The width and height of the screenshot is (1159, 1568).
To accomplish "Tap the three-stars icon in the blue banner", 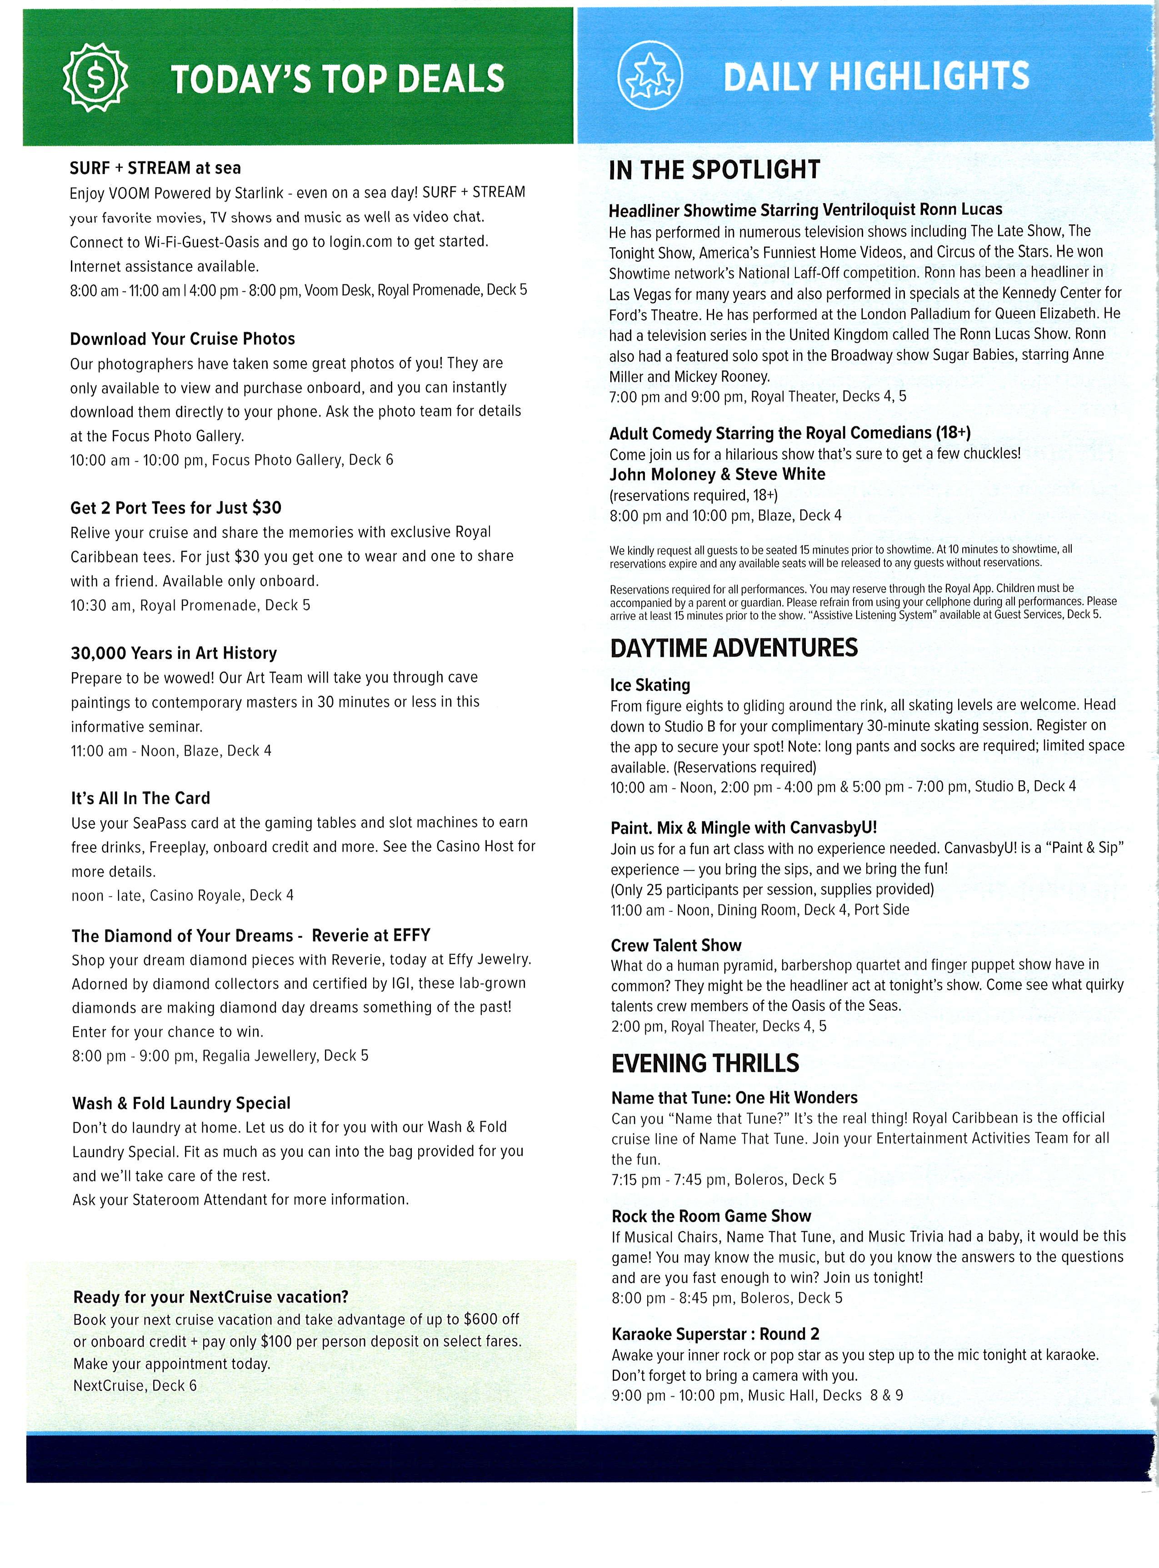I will pyautogui.click(x=649, y=76).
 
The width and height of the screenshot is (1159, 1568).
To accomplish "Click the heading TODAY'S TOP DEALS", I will pyautogui.click(x=337, y=78).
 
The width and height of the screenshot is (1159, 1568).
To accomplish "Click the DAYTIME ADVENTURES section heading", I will pyautogui.click(x=734, y=648).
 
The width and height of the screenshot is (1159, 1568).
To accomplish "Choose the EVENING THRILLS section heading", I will pyautogui.click(x=705, y=1063).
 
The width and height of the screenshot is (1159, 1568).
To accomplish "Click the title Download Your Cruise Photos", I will pyautogui.click(x=182, y=339).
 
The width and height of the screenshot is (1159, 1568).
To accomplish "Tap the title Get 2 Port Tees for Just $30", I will pyautogui.click(x=175, y=507).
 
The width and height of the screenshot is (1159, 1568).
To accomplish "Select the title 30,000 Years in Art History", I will pyautogui.click(x=174, y=653).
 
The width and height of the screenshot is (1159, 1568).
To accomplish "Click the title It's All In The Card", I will pyautogui.click(x=140, y=798).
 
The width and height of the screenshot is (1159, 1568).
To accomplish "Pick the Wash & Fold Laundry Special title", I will pyautogui.click(x=181, y=1103).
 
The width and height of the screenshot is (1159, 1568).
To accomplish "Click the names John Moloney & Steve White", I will pyautogui.click(x=717, y=474).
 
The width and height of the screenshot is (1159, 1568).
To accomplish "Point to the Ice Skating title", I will pyautogui.click(x=650, y=685).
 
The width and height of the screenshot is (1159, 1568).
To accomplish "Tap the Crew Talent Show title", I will pyautogui.click(x=675, y=945).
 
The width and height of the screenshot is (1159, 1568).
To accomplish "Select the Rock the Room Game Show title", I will pyautogui.click(x=711, y=1216).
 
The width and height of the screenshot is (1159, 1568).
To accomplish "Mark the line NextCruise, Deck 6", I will pyautogui.click(x=135, y=1385).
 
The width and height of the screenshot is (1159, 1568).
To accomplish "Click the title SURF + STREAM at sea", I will pyautogui.click(x=155, y=168).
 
